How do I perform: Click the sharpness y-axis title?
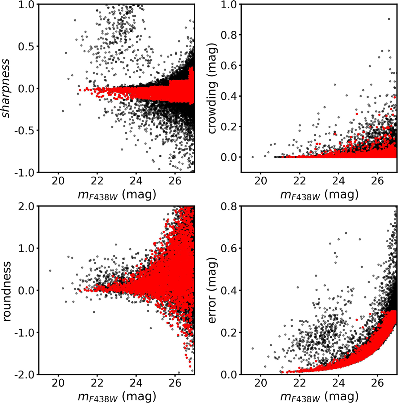[x=6, y=88]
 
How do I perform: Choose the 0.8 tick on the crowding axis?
[x=230, y=35]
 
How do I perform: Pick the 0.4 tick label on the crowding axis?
[x=230, y=96]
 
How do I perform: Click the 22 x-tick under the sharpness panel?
[x=97, y=181]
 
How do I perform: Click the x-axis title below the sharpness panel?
[x=117, y=195]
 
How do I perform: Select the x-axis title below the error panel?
[x=319, y=396]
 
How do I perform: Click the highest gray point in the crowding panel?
[x=389, y=19]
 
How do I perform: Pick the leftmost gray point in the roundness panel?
[x=50, y=271]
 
